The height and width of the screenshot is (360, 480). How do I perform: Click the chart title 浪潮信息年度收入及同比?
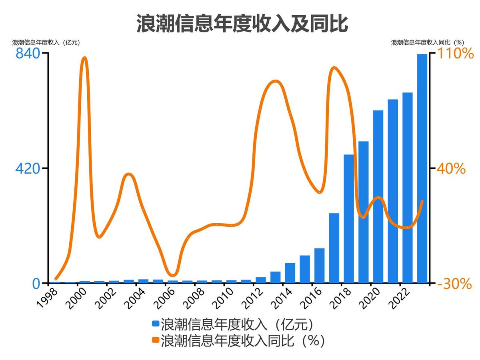click(x=242, y=24)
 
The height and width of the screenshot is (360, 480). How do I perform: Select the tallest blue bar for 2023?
click(x=422, y=168)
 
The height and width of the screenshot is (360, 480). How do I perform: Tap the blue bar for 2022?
click(x=407, y=188)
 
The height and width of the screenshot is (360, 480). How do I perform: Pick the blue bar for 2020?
click(x=378, y=196)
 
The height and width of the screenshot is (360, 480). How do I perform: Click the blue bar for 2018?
click(x=349, y=218)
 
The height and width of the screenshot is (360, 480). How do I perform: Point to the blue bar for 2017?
click(x=334, y=248)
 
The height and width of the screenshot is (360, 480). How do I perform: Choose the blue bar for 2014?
click(x=290, y=273)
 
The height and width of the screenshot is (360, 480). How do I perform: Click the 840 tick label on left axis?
click(x=28, y=54)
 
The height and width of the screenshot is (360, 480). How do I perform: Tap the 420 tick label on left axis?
click(x=28, y=169)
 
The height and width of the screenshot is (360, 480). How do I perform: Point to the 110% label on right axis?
click(x=454, y=54)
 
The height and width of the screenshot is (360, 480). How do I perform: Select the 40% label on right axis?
click(x=451, y=169)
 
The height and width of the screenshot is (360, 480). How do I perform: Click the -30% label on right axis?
click(x=454, y=284)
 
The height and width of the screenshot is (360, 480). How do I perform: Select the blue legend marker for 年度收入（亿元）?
click(x=156, y=323)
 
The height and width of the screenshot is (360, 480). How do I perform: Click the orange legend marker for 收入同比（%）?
click(x=156, y=340)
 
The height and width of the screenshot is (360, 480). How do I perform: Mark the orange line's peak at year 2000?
click(x=84, y=58)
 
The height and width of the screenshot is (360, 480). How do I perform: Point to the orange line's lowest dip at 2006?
click(x=172, y=275)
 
